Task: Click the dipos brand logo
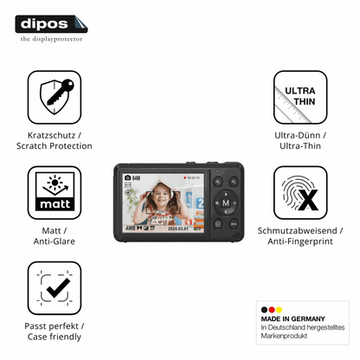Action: (x=51, y=24)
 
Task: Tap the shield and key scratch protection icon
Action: (x=55, y=97)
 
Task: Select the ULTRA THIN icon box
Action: (x=300, y=97)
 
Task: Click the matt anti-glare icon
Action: (x=55, y=192)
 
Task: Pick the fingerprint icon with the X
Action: (x=300, y=192)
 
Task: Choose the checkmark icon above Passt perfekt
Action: (x=55, y=288)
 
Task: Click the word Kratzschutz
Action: (x=51, y=135)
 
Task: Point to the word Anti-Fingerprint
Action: (x=300, y=241)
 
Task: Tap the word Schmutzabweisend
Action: (x=297, y=230)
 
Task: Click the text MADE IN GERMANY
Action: (x=292, y=318)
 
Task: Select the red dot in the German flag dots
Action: (x=272, y=310)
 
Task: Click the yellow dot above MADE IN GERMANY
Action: (x=279, y=310)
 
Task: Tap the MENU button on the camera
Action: (x=234, y=224)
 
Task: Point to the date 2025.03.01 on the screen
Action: (x=178, y=228)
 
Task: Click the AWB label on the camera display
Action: (x=130, y=228)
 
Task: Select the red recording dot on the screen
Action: (x=184, y=177)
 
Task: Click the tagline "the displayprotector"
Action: (x=51, y=39)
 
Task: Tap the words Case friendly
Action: (x=55, y=337)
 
